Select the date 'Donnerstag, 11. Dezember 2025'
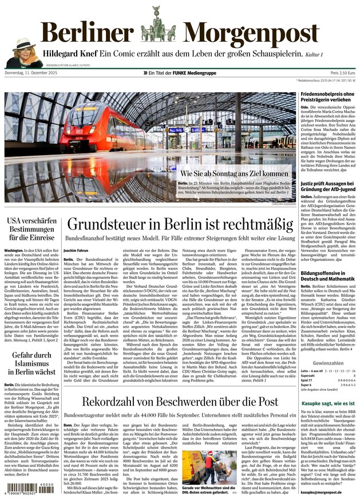tap(33, 74)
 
